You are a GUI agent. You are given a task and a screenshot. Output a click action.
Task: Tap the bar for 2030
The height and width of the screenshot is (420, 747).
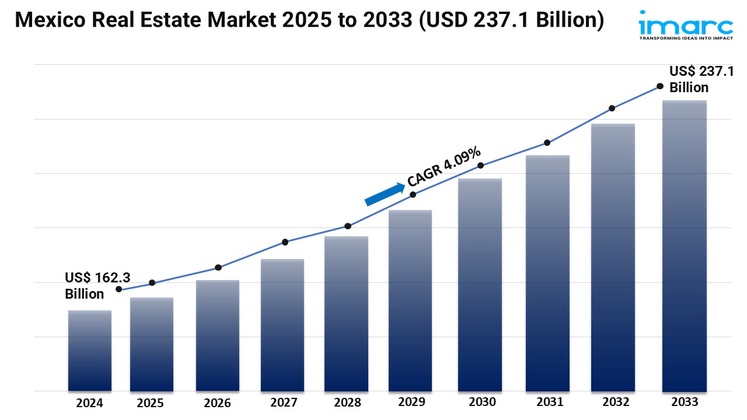[480, 285]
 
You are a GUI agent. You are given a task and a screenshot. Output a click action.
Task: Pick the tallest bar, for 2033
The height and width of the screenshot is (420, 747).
[685, 246]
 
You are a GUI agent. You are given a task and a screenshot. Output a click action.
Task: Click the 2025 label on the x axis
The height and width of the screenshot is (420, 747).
[151, 403]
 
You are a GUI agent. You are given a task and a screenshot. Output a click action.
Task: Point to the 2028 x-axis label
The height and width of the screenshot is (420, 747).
[347, 402]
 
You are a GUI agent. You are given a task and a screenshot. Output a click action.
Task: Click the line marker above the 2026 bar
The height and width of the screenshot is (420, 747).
[218, 268]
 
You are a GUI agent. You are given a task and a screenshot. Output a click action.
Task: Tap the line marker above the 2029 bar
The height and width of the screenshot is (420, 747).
[413, 195]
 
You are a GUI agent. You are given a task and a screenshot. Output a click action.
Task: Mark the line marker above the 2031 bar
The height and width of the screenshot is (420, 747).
[547, 143]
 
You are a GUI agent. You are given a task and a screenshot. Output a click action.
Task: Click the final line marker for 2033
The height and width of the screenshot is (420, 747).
[660, 86]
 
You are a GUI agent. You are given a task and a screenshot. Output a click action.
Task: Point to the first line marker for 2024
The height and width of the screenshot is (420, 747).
[119, 289]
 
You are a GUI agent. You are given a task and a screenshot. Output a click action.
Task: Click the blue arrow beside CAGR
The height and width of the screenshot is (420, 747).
[385, 194]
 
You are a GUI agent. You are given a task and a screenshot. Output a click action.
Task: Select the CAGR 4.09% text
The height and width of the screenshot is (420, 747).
[445, 166]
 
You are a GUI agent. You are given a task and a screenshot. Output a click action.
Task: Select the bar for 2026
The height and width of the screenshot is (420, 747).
[218, 335]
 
